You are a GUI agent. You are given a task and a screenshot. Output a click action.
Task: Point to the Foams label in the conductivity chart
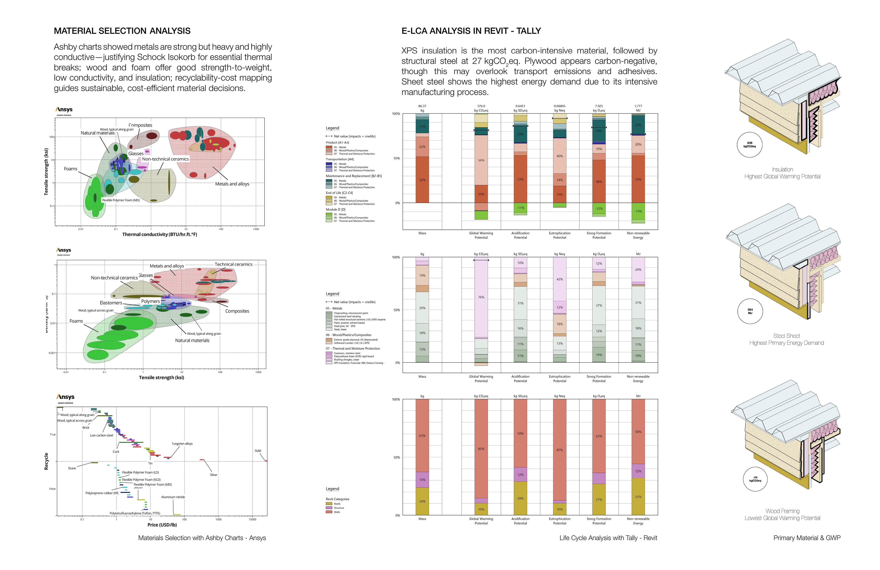[x=71, y=169]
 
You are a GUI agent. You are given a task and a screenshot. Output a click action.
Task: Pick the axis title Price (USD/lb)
[x=162, y=525]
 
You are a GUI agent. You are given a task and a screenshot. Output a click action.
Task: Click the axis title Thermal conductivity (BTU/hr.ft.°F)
[x=159, y=234]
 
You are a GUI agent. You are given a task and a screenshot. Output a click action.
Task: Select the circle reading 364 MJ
[x=750, y=311]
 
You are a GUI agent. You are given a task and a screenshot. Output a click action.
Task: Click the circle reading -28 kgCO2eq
[x=755, y=479]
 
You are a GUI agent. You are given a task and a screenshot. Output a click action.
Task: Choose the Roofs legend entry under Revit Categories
[x=337, y=504]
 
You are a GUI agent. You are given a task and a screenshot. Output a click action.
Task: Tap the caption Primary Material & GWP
[x=806, y=538]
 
